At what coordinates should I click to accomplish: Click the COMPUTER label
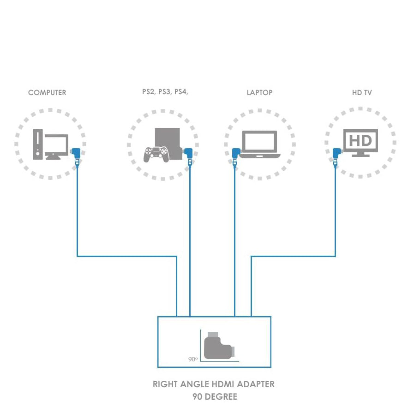pos(47,93)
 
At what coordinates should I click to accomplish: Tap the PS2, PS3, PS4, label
pos(165,92)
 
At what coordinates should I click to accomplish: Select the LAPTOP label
pos(259,93)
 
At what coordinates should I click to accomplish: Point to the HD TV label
pos(361,93)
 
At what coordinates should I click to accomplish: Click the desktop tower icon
pos(38,144)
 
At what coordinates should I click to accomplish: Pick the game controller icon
pos(156,154)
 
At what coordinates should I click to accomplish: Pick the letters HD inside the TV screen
pos(360,140)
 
